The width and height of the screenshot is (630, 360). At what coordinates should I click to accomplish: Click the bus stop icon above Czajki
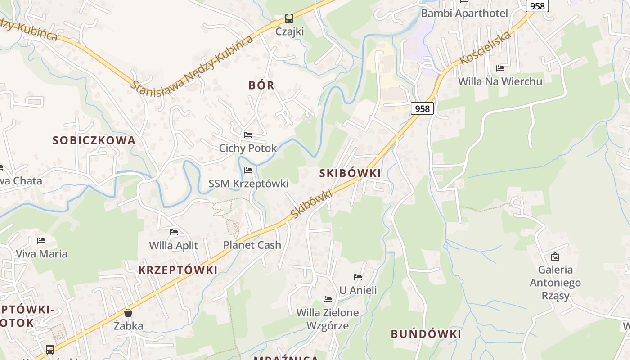click(x=289, y=18)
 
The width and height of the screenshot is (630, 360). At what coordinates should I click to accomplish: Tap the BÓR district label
click(x=261, y=85)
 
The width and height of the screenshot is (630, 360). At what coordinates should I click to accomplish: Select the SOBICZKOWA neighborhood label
click(x=94, y=140)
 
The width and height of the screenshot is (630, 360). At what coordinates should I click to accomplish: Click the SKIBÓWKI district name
click(x=350, y=173)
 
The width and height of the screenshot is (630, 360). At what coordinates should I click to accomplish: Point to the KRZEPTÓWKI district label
click(x=178, y=270)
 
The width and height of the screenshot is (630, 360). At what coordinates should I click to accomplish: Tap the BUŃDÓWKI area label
click(x=426, y=334)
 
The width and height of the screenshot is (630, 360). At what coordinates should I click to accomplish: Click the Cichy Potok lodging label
click(x=248, y=148)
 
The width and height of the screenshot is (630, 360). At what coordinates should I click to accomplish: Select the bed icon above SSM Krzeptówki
click(x=248, y=171)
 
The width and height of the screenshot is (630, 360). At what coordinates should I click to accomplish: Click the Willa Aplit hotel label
click(x=173, y=245)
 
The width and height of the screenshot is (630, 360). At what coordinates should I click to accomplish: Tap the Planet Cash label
click(x=252, y=245)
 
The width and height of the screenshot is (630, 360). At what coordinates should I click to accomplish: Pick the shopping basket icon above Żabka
click(x=128, y=312)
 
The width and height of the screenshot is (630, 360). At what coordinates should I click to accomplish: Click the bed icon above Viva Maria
click(x=41, y=240)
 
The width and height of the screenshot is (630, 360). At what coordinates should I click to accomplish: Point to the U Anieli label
click(x=358, y=290)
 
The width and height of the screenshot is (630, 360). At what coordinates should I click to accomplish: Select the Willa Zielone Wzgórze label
click(x=328, y=319)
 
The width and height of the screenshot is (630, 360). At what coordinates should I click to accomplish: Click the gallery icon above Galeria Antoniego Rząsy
click(x=555, y=256)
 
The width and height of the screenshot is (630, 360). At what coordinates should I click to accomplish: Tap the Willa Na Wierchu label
click(x=500, y=81)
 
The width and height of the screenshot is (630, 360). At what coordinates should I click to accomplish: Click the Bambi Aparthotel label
click(x=464, y=13)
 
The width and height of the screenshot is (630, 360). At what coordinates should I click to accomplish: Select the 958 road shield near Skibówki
click(x=422, y=108)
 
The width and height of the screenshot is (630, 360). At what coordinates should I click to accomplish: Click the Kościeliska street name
click(x=486, y=48)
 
